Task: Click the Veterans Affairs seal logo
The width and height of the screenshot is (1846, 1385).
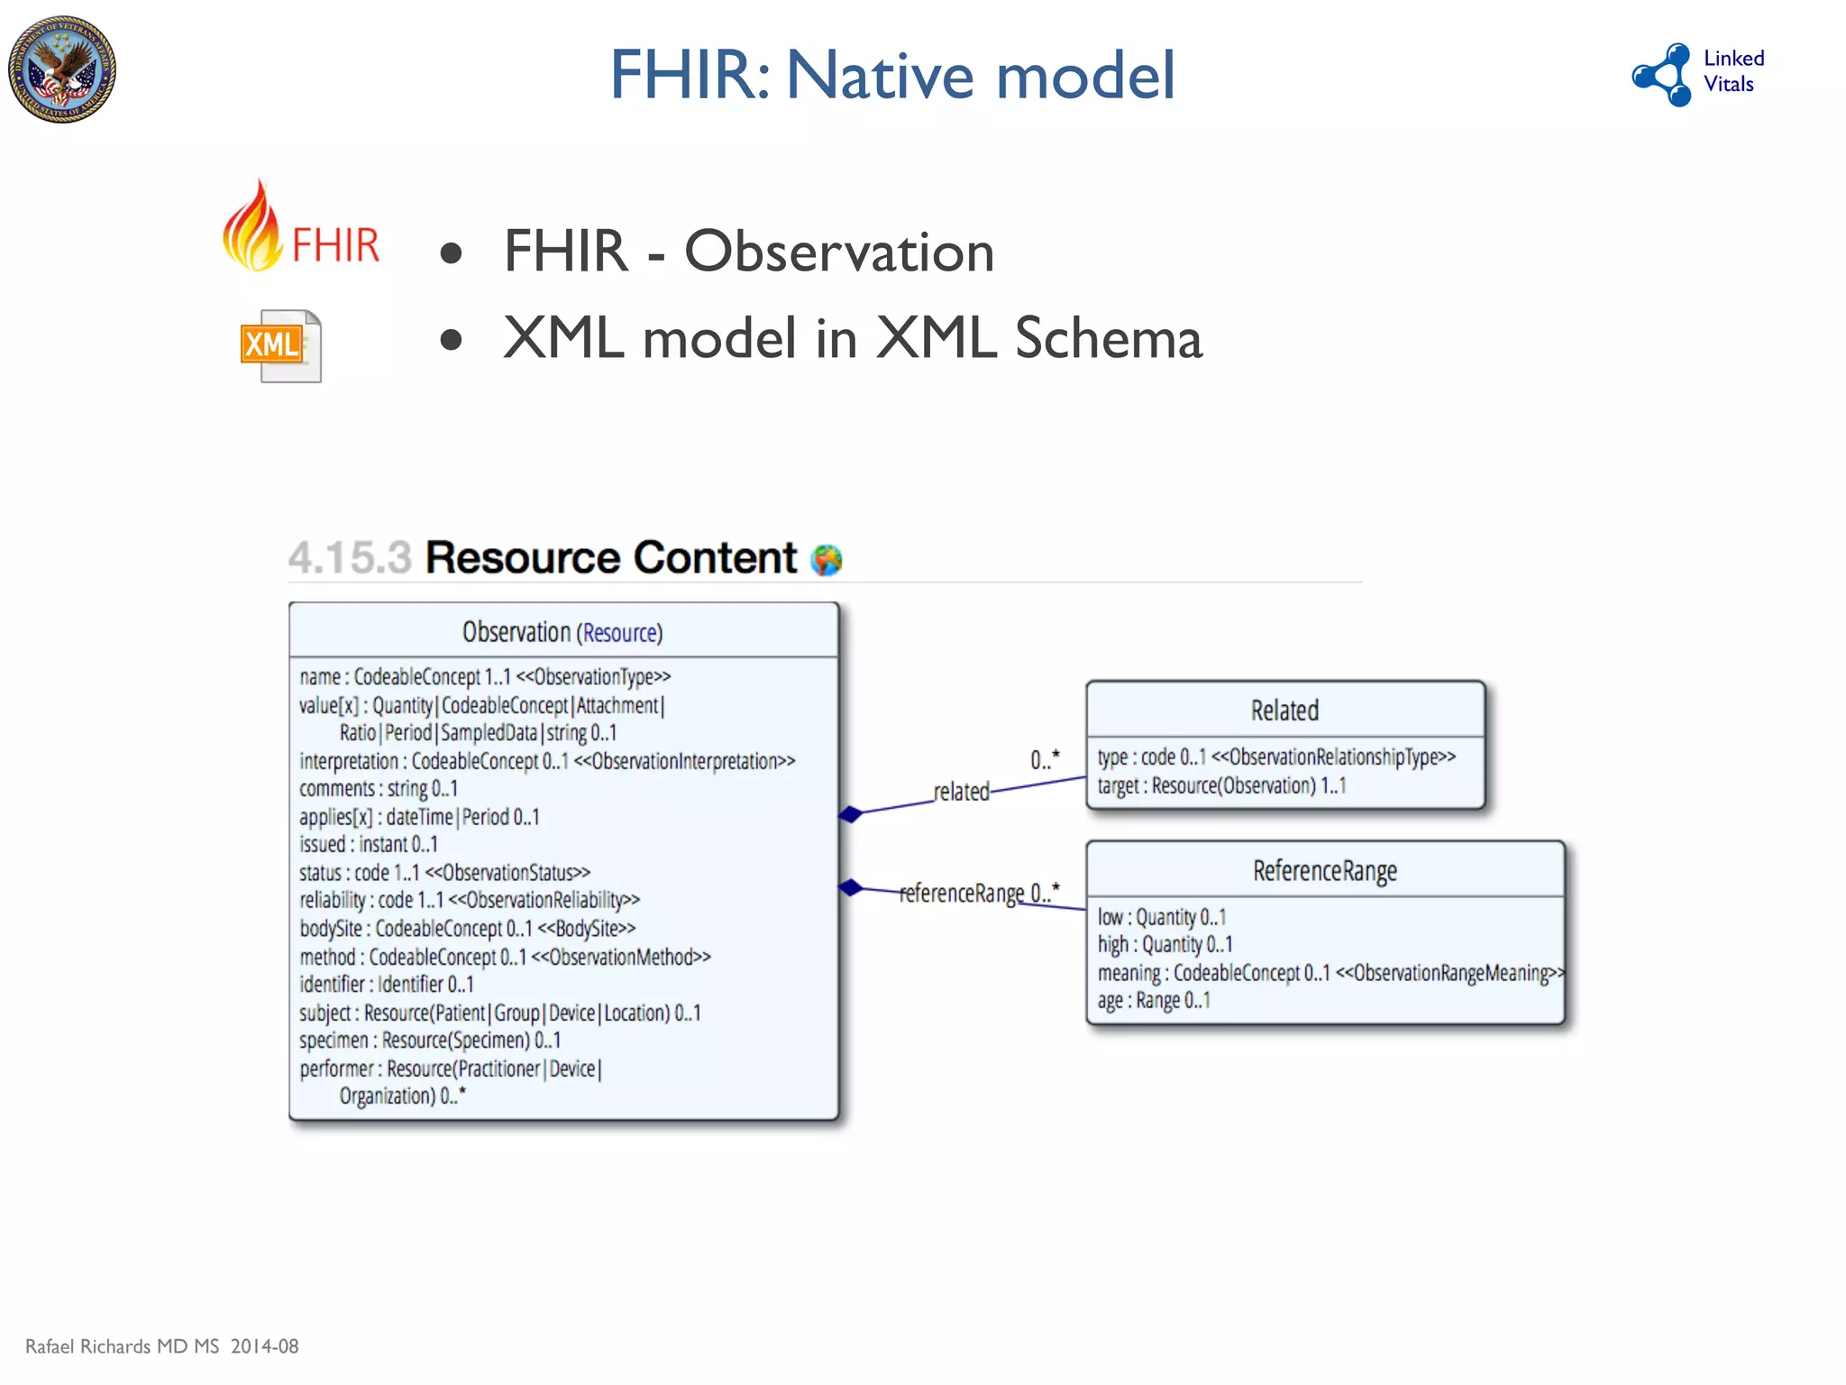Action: tap(62, 69)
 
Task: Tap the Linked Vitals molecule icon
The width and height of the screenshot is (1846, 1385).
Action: tap(1663, 75)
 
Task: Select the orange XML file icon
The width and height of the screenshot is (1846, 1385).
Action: tap(280, 346)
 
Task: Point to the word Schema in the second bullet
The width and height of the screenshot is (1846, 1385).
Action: tap(1108, 338)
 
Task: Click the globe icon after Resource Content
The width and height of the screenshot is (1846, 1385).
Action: tap(826, 560)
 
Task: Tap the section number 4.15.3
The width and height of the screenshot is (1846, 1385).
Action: tap(350, 557)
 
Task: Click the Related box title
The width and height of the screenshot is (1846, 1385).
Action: tap(1284, 711)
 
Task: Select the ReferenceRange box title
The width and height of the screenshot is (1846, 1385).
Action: tap(1324, 871)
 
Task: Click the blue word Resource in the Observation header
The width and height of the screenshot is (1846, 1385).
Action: tap(620, 633)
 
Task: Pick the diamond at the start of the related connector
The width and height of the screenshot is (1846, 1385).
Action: tap(850, 814)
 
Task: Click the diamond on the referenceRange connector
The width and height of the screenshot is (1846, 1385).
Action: tap(850, 887)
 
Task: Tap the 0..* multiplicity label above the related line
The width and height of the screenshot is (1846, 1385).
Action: tap(1045, 760)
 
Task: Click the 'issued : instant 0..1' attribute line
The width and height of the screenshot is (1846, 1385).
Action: tap(369, 845)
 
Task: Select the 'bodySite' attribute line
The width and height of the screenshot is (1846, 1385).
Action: tap(467, 928)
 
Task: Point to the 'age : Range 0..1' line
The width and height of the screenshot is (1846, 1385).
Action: tap(1154, 1001)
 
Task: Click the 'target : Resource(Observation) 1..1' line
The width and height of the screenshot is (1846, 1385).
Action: tap(1221, 785)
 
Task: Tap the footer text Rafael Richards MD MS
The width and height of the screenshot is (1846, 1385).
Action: tap(123, 1346)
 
